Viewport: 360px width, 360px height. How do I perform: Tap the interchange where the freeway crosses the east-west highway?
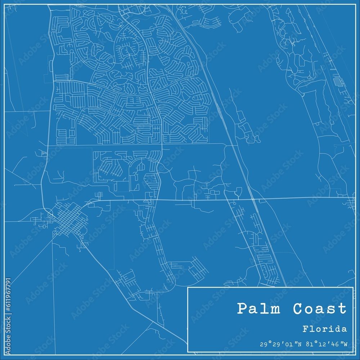coord(253,199)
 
